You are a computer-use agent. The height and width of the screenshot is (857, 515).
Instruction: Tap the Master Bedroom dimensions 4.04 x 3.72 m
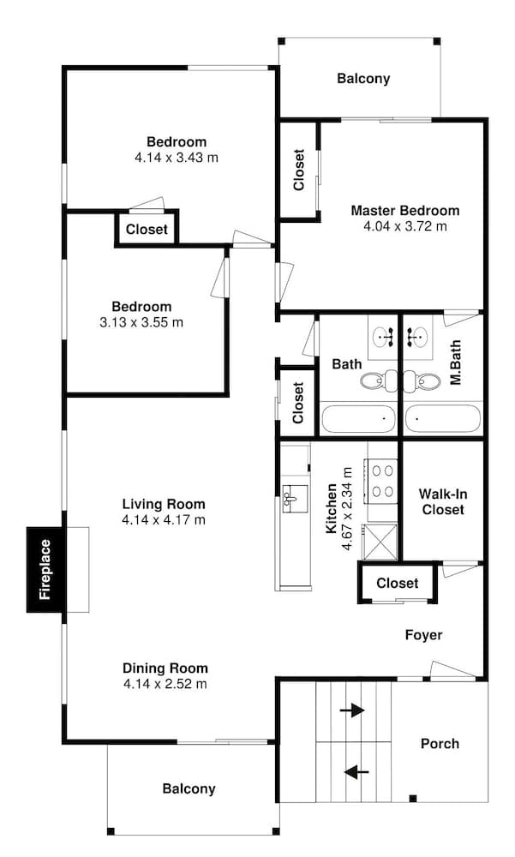tap(405, 226)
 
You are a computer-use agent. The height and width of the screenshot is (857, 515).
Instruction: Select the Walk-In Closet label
tap(443, 501)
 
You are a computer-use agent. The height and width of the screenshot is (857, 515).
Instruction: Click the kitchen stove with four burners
tap(383, 481)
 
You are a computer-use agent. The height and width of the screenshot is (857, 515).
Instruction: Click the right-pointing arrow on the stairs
tap(352, 710)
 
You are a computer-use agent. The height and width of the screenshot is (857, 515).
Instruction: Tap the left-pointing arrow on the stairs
tap(356, 772)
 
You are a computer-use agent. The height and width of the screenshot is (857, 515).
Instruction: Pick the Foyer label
tap(423, 635)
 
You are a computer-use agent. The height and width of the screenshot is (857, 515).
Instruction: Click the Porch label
tap(440, 744)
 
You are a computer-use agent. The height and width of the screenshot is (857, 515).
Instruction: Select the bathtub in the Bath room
tap(359, 419)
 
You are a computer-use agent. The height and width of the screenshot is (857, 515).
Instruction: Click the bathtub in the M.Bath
tap(443, 419)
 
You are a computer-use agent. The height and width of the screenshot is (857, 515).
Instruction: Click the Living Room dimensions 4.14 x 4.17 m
tap(164, 520)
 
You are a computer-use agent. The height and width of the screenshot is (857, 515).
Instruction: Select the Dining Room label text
tap(165, 668)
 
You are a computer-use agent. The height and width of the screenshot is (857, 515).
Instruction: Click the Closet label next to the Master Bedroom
tap(298, 170)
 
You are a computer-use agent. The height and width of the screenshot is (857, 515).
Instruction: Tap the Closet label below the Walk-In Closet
tap(398, 583)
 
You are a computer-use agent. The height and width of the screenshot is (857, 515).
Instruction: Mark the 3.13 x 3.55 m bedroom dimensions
tap(141, 322)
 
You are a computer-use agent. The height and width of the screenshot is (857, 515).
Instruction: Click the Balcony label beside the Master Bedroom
tap(363, 79)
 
